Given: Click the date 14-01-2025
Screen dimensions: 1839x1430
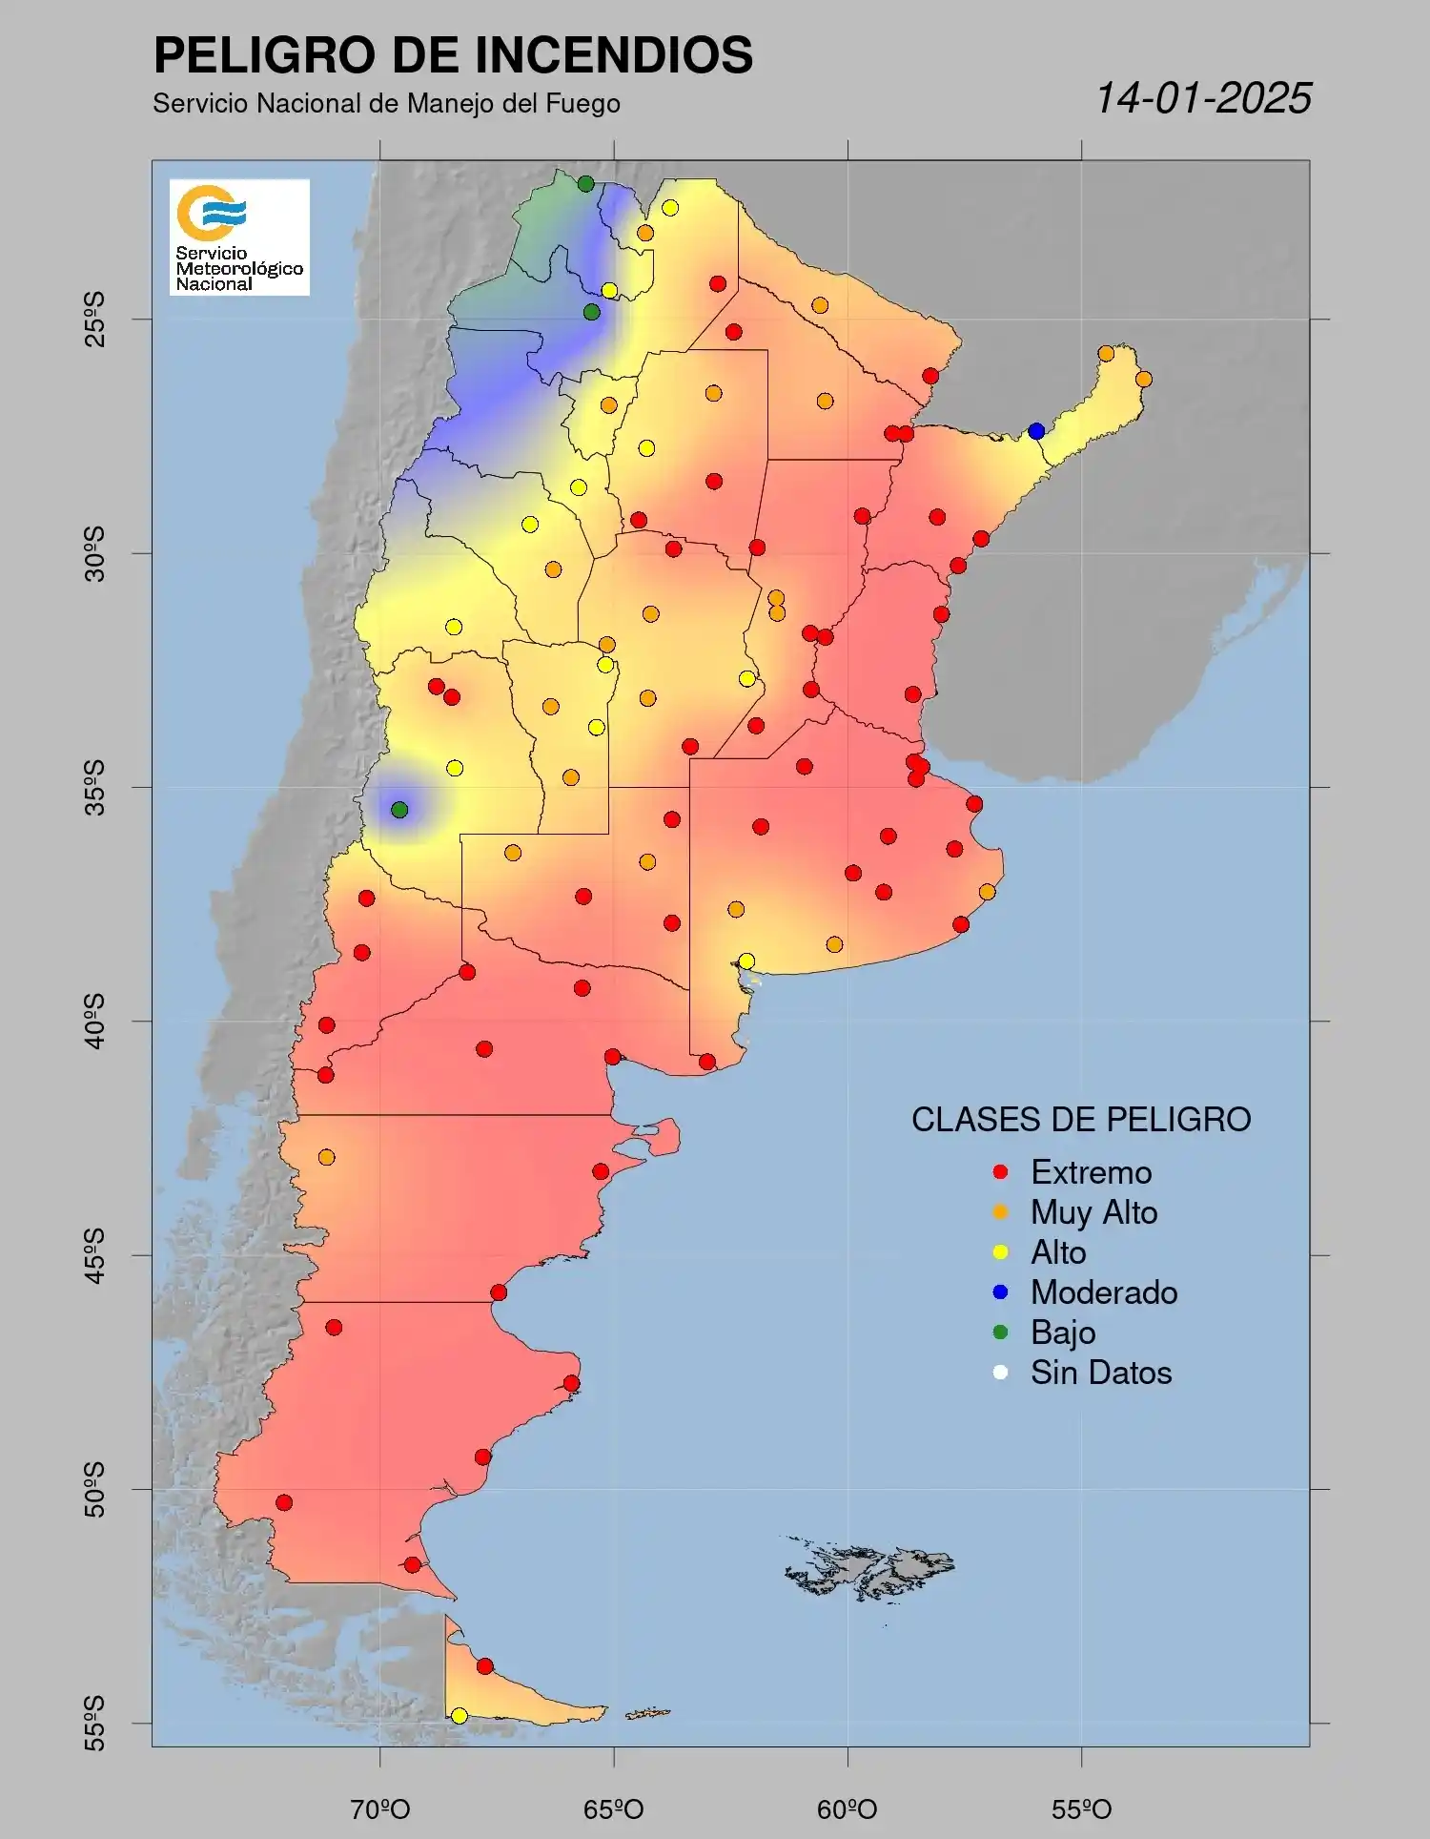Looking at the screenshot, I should pos(1203,98).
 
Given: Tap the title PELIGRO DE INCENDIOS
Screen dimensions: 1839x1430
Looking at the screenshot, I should pos(453,54).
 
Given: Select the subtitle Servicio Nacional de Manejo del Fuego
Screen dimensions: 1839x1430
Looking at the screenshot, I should pos(386,103).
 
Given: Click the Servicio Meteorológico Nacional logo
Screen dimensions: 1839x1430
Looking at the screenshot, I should pos(239,237).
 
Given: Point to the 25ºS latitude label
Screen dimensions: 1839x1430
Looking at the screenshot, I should pos(94,320).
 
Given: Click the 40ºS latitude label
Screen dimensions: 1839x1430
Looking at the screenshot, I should pos(94,1021).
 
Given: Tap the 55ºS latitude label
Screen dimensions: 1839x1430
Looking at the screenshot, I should pos(94,1723).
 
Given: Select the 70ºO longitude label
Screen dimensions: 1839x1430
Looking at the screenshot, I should pos(379,1808).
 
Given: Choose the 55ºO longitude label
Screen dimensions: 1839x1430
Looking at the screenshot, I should pos(1081,1808).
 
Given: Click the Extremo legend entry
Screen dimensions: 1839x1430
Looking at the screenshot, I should pos(1090,1172).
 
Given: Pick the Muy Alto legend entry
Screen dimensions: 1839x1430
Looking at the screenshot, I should pos(1093,1212).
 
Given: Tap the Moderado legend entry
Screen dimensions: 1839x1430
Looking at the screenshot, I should pos(1103,1292).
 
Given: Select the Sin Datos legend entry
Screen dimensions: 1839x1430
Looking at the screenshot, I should pos(1100,1373).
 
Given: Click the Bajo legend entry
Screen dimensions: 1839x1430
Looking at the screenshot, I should pos(1062,1333).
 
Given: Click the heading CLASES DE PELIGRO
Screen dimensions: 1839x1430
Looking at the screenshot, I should pos(1081,1119).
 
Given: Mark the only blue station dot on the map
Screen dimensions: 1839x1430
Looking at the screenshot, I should pos(1036,431).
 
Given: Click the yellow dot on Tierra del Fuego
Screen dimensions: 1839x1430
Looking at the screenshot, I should pos(459,1716).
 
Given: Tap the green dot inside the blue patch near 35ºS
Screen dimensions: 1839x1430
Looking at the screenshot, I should pos(399,810).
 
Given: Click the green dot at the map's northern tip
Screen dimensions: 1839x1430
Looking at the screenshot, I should pos(585,184).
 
